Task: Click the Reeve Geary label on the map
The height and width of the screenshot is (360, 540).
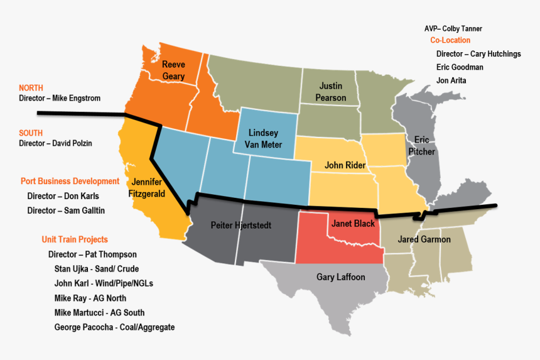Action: pos(173,70)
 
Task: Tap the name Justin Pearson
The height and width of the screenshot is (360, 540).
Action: pos(331,92)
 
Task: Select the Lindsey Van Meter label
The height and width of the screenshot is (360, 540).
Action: pos(264,139)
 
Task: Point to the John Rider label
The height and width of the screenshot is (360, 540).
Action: pos(345,165)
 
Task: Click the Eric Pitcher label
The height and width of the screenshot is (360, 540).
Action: pos(421,145)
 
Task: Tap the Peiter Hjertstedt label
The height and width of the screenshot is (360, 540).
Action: pos(241,225)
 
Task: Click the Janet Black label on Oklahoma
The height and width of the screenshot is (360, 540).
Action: pos(352,224)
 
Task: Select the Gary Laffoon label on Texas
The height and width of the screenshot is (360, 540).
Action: pos(340,277)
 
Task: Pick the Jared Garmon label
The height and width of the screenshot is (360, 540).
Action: pos(424,239)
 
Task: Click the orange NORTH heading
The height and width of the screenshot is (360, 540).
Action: pos(31,88)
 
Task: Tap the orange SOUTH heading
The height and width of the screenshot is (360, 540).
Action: pos(31,133)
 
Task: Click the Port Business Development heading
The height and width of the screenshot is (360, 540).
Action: pos(70,181)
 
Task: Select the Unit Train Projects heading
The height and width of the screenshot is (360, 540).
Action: pos(75,239)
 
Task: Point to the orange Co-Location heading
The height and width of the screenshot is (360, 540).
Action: pos(450,40)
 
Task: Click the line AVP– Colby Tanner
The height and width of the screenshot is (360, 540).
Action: pos(453,29)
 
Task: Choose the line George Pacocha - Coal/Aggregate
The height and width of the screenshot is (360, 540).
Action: pos(114,327)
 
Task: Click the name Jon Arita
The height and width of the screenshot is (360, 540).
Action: pos(451,80)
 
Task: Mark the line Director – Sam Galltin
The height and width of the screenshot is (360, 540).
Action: pos(66,210)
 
